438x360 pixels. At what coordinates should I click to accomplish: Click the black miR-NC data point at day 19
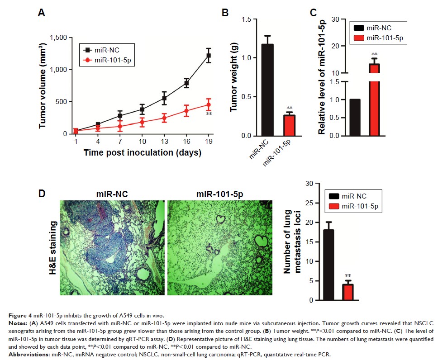coord(209,55)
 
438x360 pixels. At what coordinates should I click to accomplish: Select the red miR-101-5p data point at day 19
coord(209,105)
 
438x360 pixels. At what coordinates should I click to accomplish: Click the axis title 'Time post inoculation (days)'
coord(142,153)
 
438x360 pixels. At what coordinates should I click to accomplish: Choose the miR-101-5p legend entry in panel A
coord(108,59)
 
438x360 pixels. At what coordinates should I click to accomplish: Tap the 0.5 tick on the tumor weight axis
coord(247,97)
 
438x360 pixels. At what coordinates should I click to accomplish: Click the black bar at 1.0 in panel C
coord(355,117)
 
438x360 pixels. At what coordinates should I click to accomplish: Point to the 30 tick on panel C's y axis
coord(335,19)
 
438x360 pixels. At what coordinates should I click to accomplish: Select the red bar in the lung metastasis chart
coord(348,292)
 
